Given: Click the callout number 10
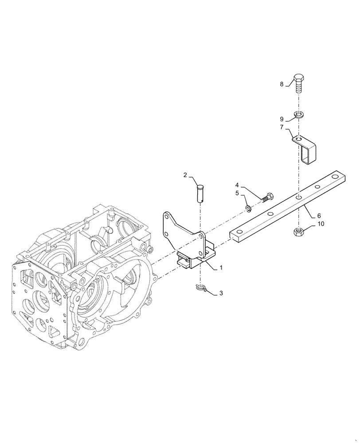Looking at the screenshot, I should [321, 224].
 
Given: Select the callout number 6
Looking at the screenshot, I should [319, 216].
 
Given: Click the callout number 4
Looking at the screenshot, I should [237, 184].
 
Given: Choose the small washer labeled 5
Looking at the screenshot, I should [248, 208].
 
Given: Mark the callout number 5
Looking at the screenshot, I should [237, 193].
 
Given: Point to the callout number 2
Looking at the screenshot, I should [185, 175].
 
